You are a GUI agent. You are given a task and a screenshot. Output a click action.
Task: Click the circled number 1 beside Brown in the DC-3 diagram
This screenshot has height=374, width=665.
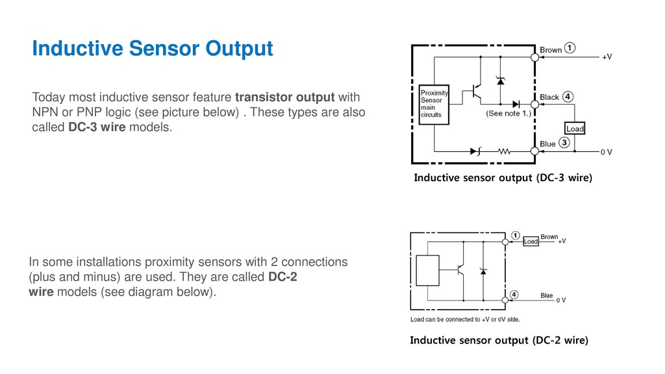[x=570, y=49]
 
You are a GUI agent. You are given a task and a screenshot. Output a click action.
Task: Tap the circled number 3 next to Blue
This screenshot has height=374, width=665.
[x=564, y=143]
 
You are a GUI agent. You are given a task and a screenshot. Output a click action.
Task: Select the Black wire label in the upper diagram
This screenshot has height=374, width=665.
[x=549, y=97]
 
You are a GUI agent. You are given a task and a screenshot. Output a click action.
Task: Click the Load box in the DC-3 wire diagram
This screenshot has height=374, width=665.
[x=575, y=129]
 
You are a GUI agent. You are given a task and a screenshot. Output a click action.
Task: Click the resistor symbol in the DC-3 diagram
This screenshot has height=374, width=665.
[x=505, y=151]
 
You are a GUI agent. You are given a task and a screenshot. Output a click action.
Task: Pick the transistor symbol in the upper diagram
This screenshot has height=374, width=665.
[x=477, y=92]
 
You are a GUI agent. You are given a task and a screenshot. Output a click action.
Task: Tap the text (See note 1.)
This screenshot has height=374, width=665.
[x=508, y=113]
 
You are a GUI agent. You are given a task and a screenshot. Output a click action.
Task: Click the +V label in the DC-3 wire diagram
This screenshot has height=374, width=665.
[x=607, y=57]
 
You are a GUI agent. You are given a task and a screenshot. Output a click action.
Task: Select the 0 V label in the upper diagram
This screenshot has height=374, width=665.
[x=606, y=152]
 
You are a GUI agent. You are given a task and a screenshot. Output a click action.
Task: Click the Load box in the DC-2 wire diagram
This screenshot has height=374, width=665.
[x=531, y=242]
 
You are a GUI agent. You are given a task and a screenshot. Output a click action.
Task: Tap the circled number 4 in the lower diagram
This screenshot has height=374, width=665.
[x=514, y=294]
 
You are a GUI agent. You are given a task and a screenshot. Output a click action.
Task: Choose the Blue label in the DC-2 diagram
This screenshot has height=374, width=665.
[x=547, y=295]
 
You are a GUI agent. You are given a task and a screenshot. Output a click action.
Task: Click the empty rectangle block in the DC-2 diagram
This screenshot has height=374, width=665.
[x=427, y=271]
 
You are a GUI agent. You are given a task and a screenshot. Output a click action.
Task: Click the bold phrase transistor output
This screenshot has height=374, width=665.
[x=285, y=97]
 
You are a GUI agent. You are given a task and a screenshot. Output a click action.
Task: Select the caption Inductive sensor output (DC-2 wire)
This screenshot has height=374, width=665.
[x=499, y=340]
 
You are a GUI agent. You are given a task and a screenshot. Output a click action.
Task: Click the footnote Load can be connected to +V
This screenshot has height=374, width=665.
[x=464, y=319]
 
